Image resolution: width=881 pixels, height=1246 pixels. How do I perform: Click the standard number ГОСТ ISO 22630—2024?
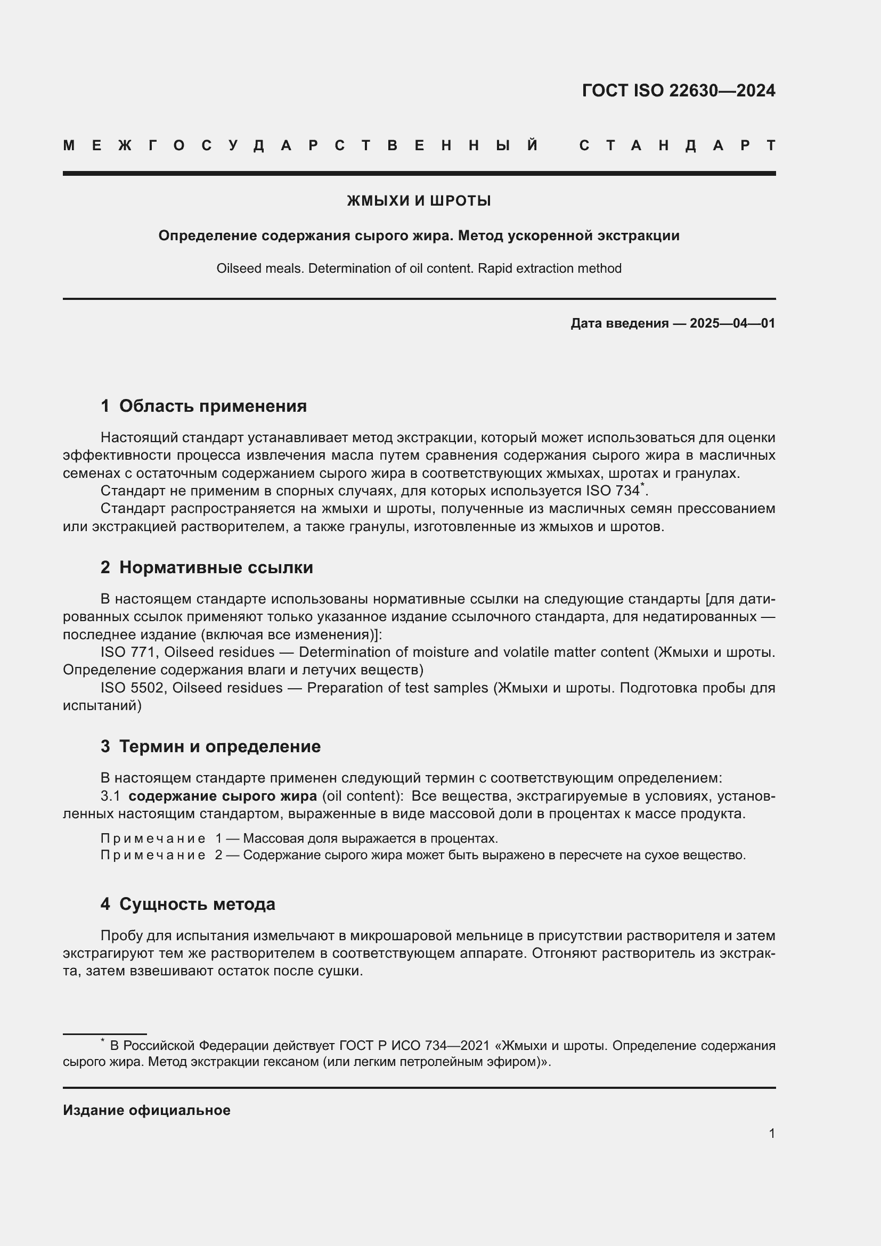[678, 91]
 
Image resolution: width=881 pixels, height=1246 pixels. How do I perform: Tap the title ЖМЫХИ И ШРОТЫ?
[419, 201]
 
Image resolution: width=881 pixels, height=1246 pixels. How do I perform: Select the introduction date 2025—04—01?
[732, 323]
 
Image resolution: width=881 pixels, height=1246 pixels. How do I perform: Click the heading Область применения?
[213, 406]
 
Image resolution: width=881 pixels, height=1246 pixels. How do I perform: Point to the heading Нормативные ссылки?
[216, 567]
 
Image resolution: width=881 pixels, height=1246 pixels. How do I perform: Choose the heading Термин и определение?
[219, 746]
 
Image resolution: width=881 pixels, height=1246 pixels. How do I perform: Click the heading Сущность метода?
[197, 903]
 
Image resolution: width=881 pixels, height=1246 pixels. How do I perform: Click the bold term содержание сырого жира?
[223, 796]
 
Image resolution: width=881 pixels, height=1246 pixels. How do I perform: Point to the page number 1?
[771, 1133]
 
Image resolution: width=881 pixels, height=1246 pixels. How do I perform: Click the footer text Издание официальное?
[146, 1110]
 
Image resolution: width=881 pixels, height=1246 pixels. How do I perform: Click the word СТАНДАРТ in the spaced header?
[678, 145]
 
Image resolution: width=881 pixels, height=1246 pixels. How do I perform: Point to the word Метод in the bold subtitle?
[480, 236]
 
